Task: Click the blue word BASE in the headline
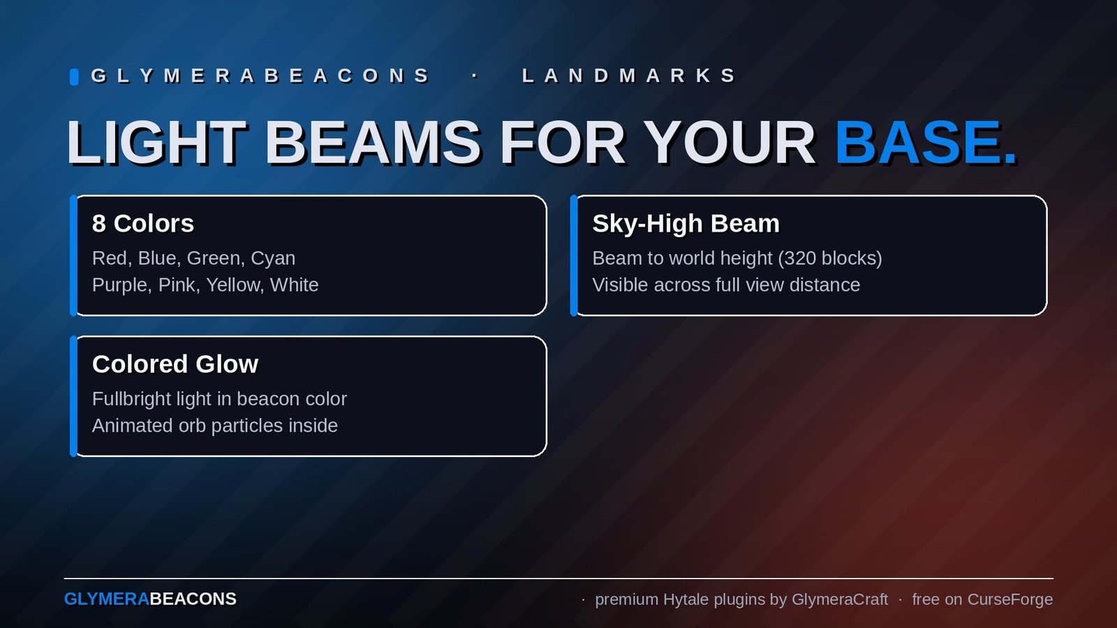pos(918,142)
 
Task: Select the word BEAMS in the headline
pos(373,142)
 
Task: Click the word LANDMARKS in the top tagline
pos(628,76)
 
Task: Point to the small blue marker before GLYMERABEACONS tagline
pos(74,77)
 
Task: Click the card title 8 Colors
pos(143,223)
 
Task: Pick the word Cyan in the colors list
pos(273,258)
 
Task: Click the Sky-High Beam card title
pos(686,223)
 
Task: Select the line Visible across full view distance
pos(726,285)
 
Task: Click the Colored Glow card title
pos(175,364)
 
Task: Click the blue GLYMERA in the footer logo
pos(107,599)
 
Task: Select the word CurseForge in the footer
pos(1009,599)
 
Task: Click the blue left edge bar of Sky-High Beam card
pos(573,255)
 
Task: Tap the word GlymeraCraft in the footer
pos(840,599)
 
